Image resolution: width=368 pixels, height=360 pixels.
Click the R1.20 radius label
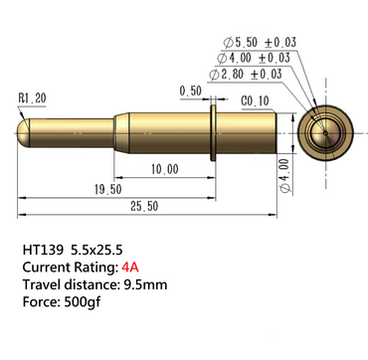click(33, 98)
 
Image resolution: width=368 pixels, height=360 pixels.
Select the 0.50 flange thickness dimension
click(191, 90)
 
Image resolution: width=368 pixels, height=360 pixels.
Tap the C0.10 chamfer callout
click(255, 101)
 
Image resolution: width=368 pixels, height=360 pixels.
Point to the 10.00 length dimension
click(165, 169)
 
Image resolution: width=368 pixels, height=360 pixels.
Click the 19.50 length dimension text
click(108, 190)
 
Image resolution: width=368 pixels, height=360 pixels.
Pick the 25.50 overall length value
click(144, 206)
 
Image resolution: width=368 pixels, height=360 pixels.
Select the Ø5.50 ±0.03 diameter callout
click(260, 43)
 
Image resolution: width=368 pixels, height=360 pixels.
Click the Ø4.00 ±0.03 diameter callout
click(254, 58)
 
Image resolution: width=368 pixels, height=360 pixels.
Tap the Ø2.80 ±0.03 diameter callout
click(246, 75)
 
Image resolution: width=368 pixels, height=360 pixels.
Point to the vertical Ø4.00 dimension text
click(285, 176)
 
